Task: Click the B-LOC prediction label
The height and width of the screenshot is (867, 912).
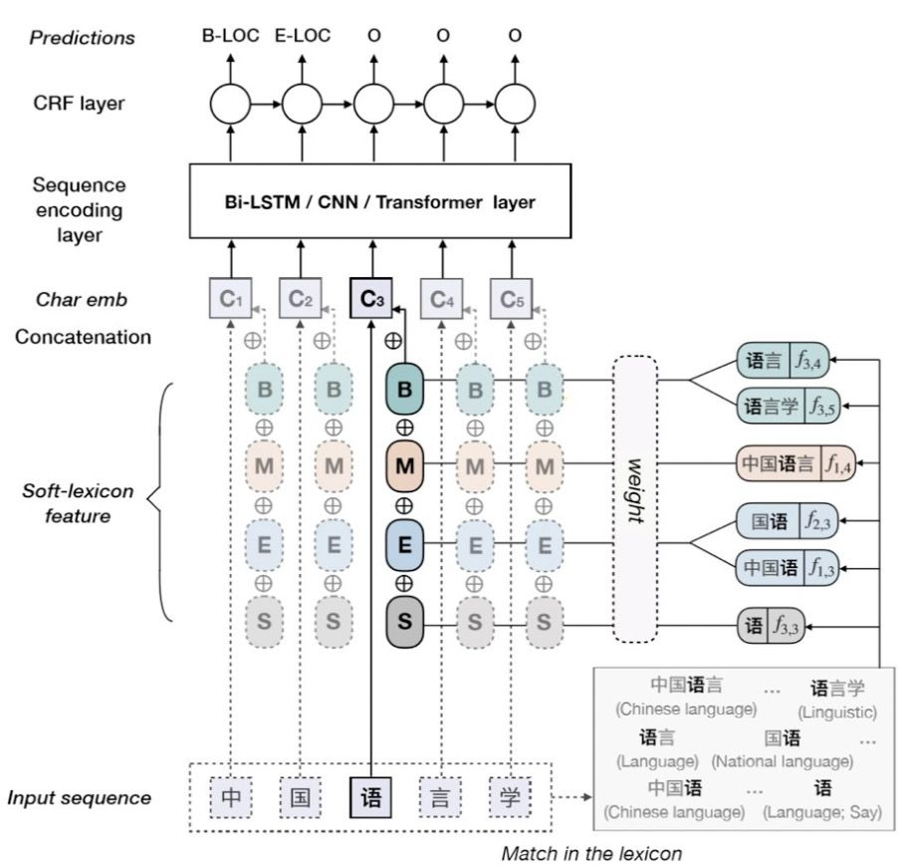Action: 229,37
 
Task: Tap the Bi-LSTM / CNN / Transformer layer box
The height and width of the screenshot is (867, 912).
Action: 379,202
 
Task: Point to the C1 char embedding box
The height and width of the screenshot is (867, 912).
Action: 229,297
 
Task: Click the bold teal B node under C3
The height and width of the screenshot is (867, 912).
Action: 404,391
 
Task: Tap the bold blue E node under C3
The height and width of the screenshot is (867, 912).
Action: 404,544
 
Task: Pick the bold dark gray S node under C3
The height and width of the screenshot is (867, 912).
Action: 404,620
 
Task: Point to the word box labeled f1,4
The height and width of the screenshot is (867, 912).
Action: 793,464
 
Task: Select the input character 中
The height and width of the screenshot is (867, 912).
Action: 229,797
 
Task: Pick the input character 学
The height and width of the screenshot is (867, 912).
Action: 512,797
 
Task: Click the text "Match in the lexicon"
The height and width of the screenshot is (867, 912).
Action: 591,853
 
